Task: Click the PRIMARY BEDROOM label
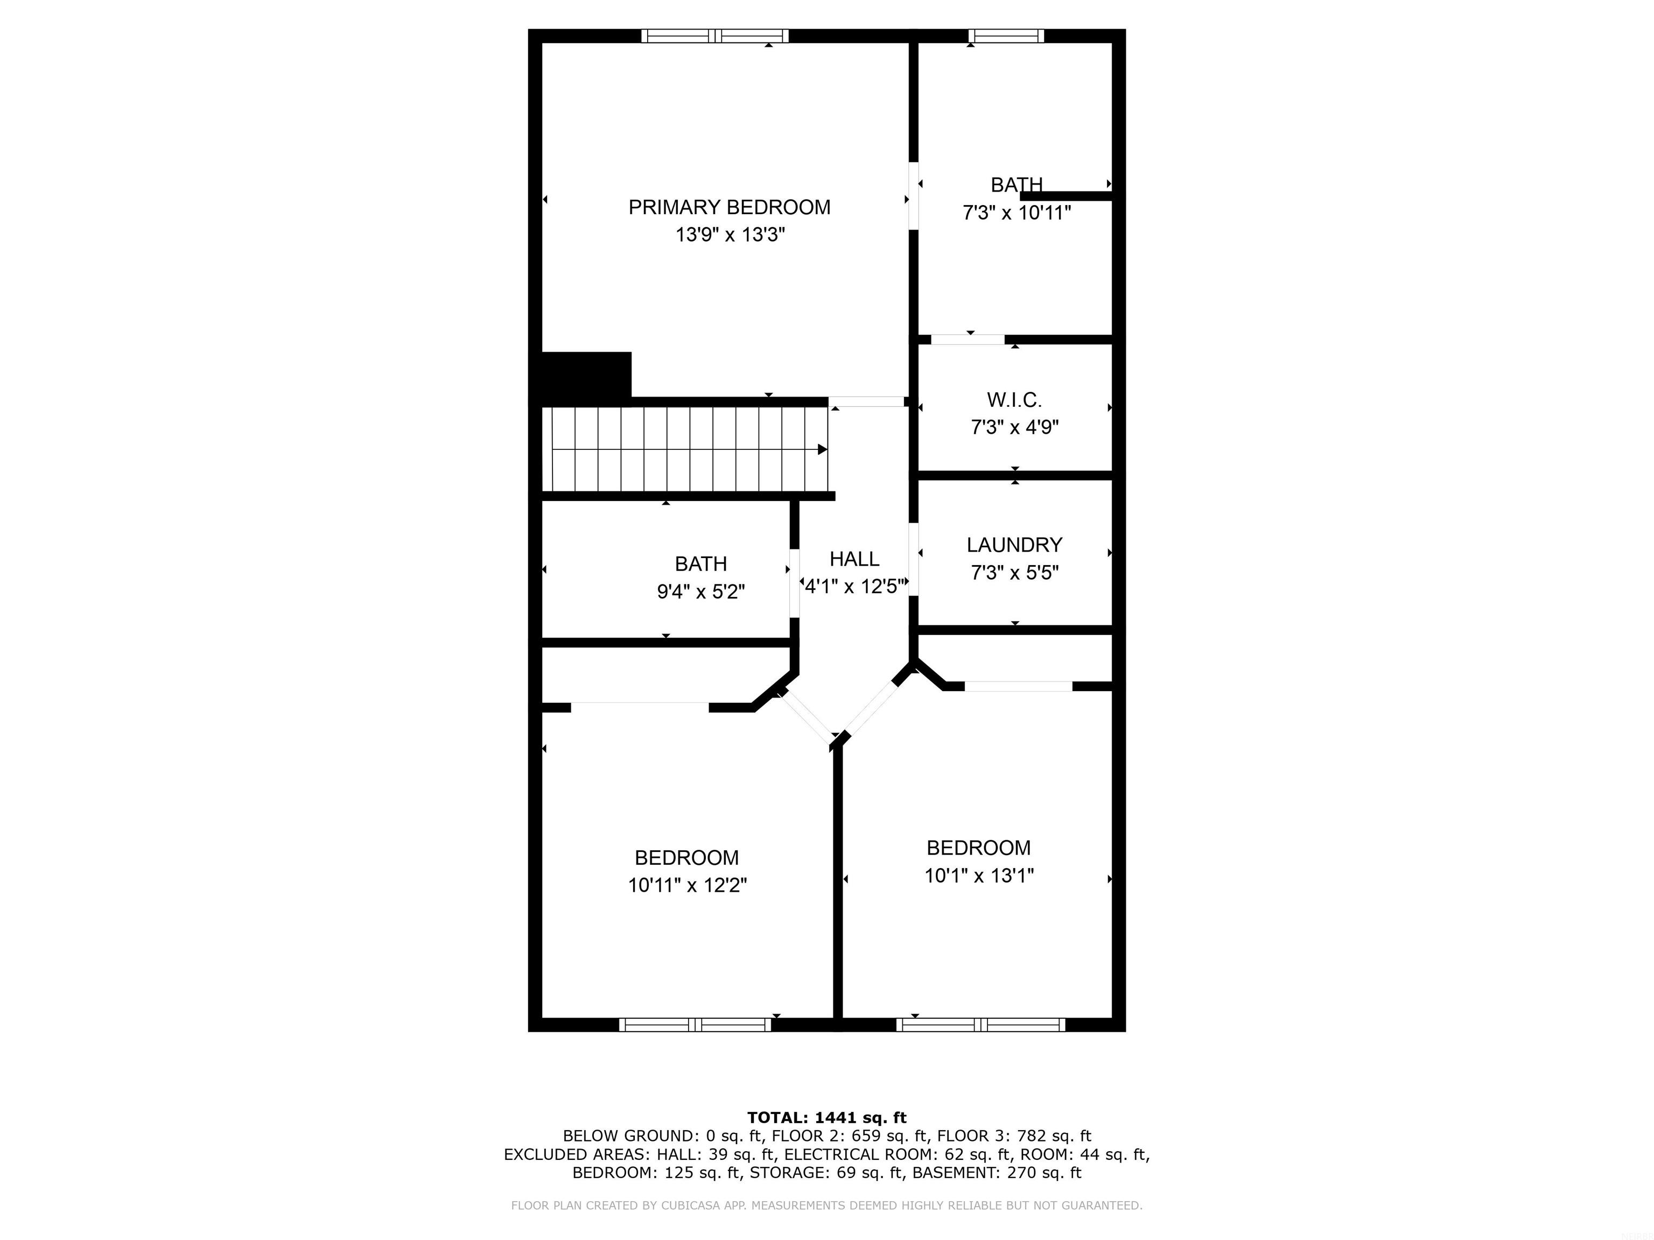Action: click(x=729, y=207)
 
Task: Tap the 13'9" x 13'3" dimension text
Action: click(x=730, y=235)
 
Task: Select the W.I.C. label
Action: click(x=1014, y=400)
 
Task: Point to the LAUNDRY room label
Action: click(x=1014, y=545)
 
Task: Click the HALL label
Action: click(x=854, y=559)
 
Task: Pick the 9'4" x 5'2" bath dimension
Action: click(x=700, y=592)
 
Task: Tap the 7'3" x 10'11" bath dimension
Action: click(x=1016, y=213)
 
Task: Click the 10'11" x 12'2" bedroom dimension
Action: click(x=687, y=885)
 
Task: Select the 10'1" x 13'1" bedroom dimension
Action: click(x=979, y=875)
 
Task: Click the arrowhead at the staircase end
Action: click(x=822, y=449)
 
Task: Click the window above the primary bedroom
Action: click(x=715, y=36)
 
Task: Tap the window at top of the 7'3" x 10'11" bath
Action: click(x=1005, y=36)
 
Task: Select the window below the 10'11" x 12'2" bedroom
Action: click(x=695, y=1025)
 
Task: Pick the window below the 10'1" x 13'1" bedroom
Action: click(x=980, y=1025)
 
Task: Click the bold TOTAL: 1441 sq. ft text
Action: click(x=826, y=1117)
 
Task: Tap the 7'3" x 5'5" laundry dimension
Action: click(x=1014, y=573)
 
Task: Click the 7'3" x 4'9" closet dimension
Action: click(x=1014, y=427)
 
